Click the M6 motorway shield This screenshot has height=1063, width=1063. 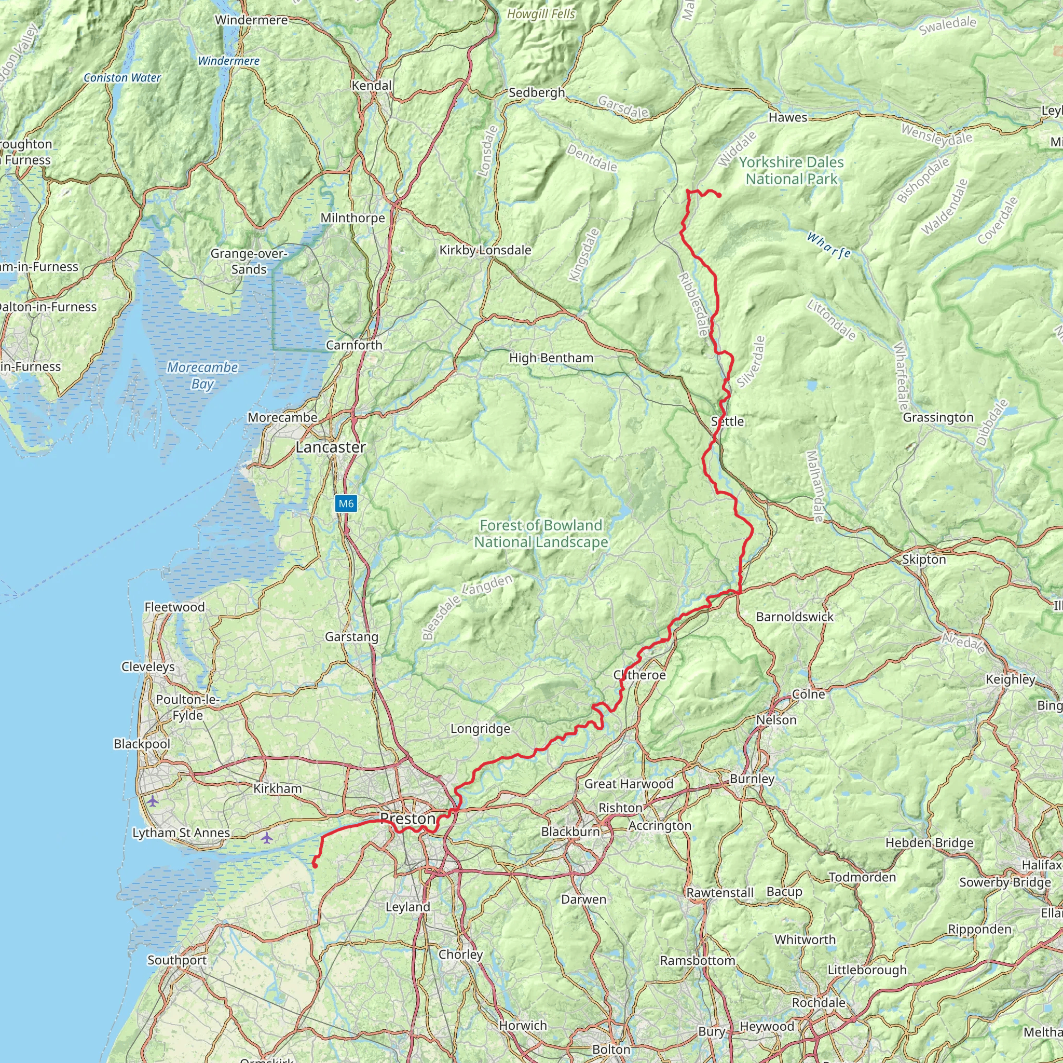coord(346,503)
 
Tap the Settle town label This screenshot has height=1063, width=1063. coord(727,421)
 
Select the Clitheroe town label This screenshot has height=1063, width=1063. coord(639,675)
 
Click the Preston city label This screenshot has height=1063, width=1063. coord(407,819)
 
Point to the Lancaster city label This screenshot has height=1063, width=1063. coord(331,447)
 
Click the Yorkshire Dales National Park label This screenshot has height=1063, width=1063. coord(791,171)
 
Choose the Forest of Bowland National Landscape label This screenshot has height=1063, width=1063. coord(541,534)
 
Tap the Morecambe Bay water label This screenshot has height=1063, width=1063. coord(202,375)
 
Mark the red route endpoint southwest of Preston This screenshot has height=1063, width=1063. coord(315,865)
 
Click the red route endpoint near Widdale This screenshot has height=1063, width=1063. coord(719,195)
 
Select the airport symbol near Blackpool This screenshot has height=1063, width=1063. coord(153,801)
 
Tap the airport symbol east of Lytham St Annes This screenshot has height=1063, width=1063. coord(266,838)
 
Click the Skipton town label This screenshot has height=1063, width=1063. coord(924,560)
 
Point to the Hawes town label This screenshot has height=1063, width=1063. coord(788,117)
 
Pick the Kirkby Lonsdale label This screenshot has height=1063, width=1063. coord(485,250)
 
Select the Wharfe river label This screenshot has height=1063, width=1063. coord(828,246)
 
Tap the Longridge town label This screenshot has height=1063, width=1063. coord(480,729)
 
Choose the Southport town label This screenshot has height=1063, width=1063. coord(177,960)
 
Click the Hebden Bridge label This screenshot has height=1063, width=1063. coord(929,843)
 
